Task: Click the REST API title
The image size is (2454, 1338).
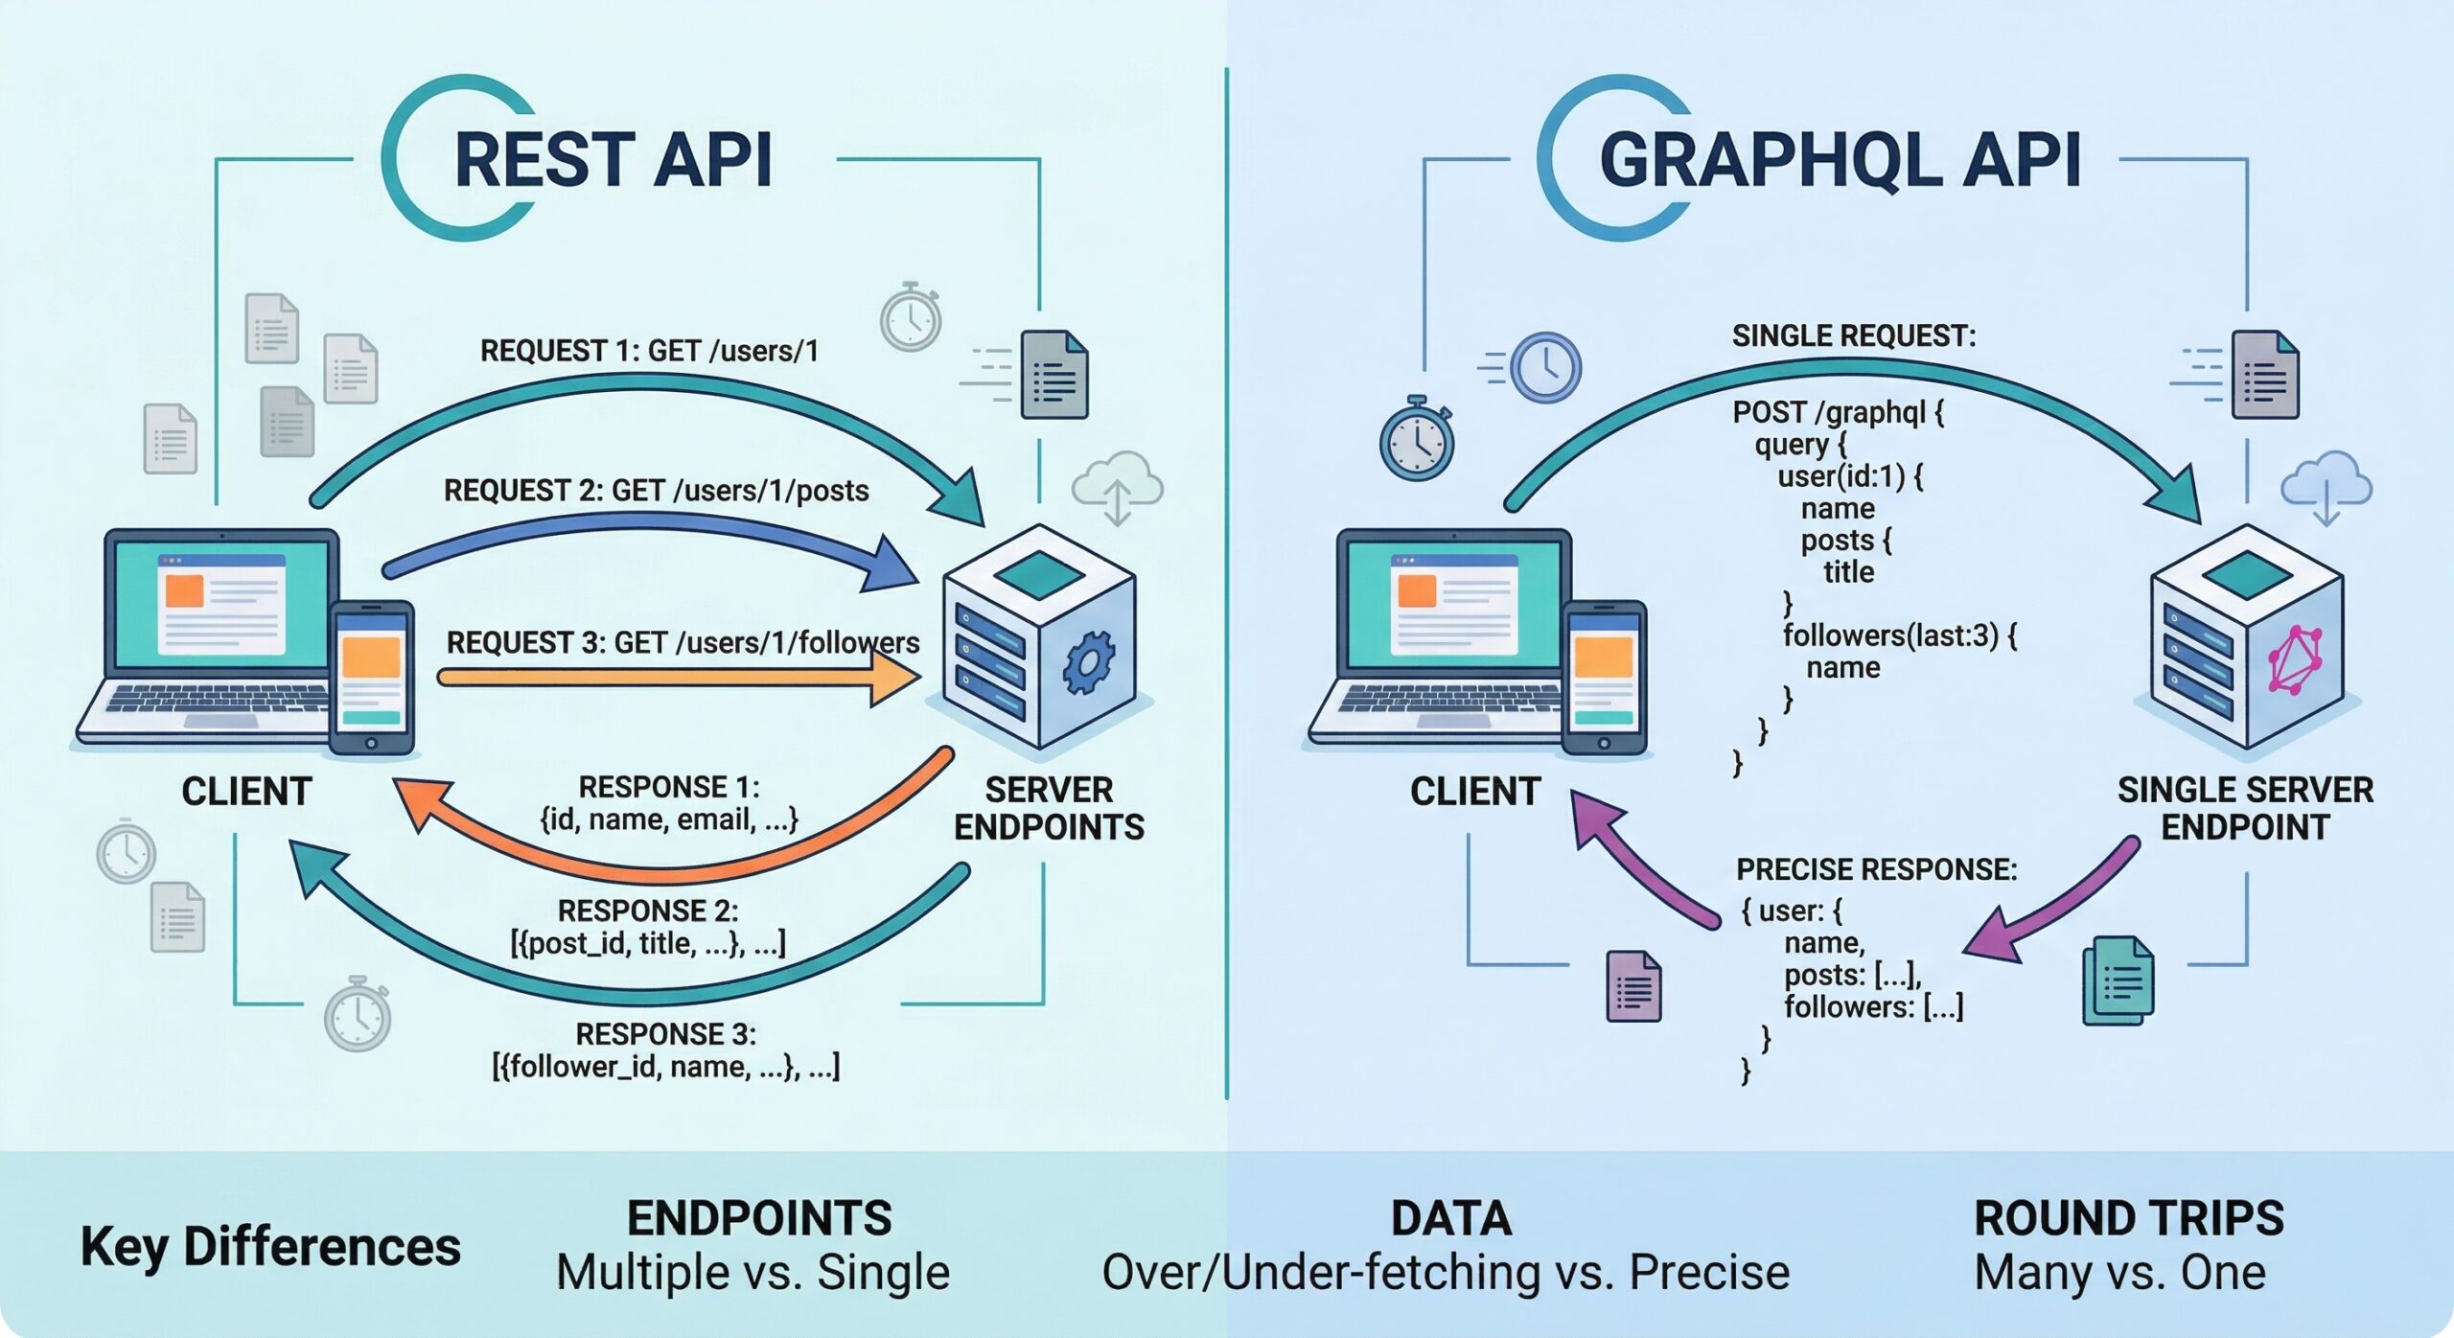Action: point(613,159)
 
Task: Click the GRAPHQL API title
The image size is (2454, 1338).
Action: point(1840,159)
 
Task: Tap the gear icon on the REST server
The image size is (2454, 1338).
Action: point(1089,660)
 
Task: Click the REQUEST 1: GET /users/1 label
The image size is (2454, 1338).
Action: point(649,351)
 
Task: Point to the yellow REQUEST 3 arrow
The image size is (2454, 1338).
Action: point(671,678)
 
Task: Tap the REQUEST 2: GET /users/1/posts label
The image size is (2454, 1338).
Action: point(656,491)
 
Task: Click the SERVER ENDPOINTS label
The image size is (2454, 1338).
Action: point(1049,808)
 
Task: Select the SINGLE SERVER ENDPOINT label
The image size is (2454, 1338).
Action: point(2245,808)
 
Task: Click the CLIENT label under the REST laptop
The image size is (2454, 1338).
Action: point(246,792)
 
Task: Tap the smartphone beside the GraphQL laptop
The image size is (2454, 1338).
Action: point(1604,677)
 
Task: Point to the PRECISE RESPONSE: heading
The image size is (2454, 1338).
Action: point(1876,869)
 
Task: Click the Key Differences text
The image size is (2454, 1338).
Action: point(270,1246)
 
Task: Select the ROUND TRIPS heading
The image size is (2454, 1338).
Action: point(2129,1218)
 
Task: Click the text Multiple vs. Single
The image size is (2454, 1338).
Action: point(752,1273)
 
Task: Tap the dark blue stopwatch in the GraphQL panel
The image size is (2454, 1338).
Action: point(1416,440)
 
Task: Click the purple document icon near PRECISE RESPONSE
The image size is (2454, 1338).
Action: point(1633,986)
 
